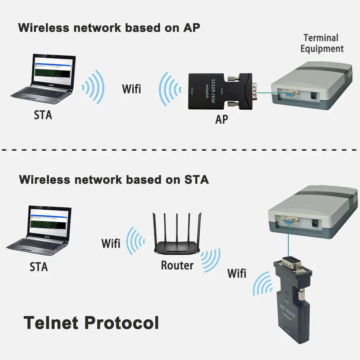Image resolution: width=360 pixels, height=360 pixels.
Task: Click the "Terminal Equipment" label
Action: [322, 43]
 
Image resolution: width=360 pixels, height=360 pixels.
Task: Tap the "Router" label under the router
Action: [177, 265]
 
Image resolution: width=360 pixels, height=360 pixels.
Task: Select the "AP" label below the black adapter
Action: [222, 119]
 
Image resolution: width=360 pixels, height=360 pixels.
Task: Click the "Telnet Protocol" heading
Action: [91, 323]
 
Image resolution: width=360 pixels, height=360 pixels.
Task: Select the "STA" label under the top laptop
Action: [43, 115]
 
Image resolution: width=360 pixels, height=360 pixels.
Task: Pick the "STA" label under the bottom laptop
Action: [38, 267]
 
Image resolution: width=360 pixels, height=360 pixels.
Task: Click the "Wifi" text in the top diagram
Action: [132, 88]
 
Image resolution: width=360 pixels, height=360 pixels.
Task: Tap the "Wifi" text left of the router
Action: [111, 243]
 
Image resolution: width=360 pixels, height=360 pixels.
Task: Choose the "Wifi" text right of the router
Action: [237, 273]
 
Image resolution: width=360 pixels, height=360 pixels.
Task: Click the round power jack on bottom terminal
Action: [315, 223]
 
